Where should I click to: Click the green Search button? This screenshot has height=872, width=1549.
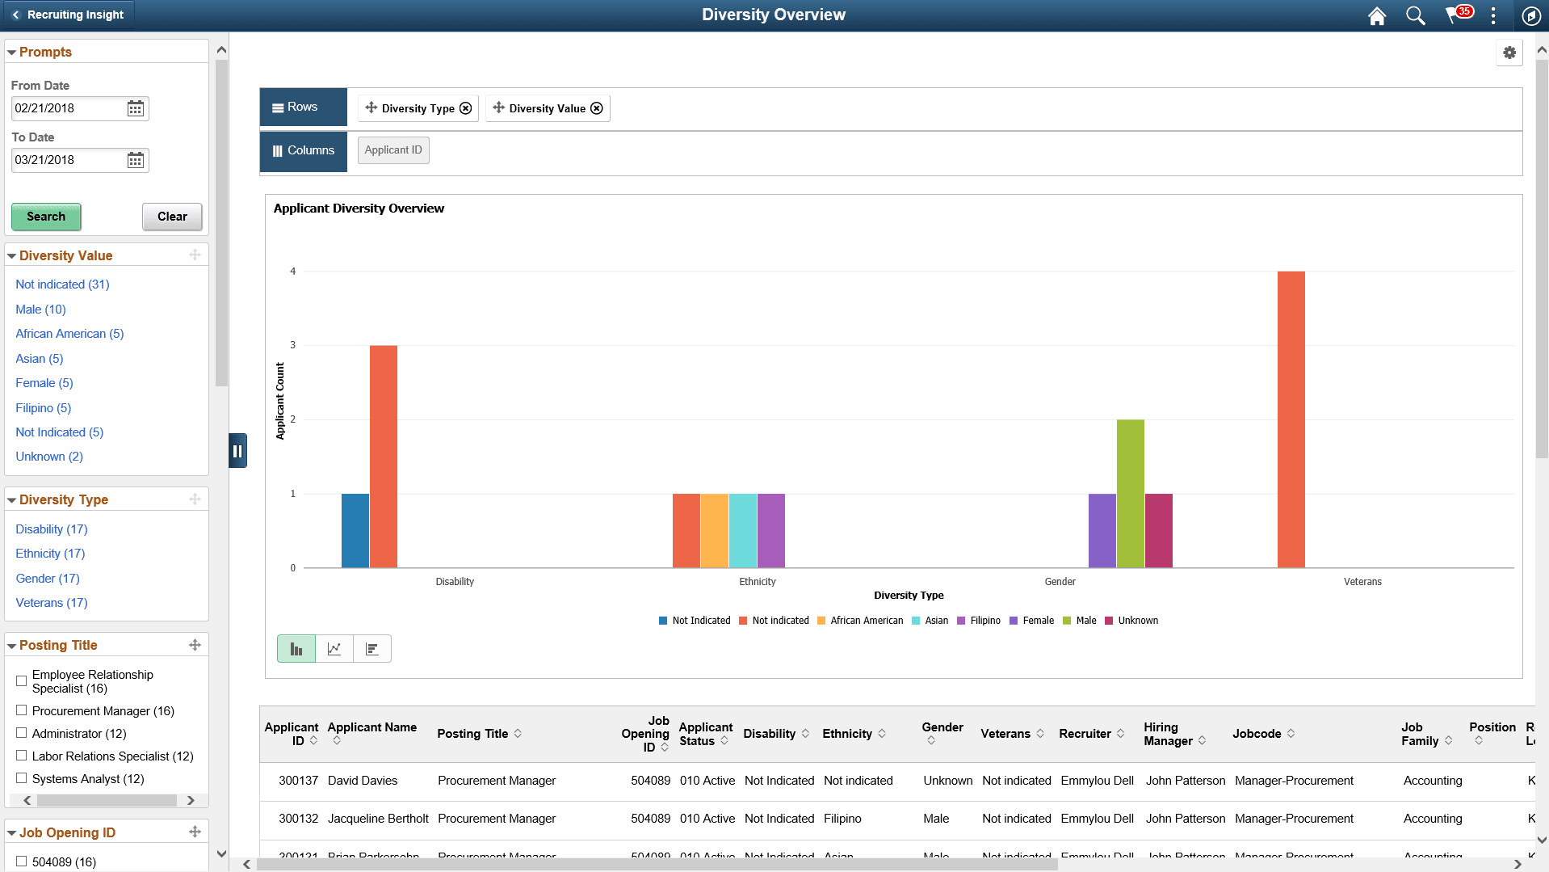pyautogui.click(x=46, y=217)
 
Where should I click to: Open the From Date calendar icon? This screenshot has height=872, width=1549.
pyautogui.click(x=136, y=108)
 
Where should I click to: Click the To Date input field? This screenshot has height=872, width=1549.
pyautogui.click(x=69, y=160)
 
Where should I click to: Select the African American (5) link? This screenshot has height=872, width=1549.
pyautogui.click(x=69, y=334)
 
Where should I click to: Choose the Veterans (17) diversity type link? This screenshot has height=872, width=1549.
pyautogui.click(x=52, y=603)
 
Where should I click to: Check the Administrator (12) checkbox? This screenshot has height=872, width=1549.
pyautogui.click(x=22, y=733)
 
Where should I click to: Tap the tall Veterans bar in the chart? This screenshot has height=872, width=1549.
pyautogui.click(x=1291, y=419)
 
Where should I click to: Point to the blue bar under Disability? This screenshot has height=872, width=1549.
pyautogui.click(x=355, y=530)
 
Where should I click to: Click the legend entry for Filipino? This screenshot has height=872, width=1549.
pyautogui.click(x=984, y=621)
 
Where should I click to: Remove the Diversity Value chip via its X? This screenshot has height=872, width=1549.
pyautogui.click(x=597, y=108)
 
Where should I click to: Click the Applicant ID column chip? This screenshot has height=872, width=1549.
pyautogui.click(x=393, y=150)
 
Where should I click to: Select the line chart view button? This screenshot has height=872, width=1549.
pyautogui.click(x=334, y=649)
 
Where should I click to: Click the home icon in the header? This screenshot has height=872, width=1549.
pyautogui.click(x=1377, y=15)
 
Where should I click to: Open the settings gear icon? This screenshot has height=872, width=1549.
pyautogui.click(x=1509, y=53)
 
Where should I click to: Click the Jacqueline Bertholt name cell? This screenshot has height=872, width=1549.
pyautogui.click(x=378, y=819)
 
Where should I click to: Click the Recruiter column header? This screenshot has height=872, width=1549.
pyautogui.click(x=1085, y=734)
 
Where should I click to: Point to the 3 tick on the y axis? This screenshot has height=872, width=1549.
pyautogui.click(x=293, y=345)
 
